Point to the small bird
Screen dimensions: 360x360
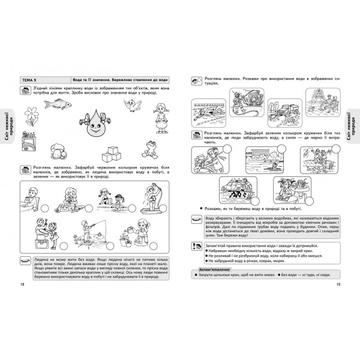click(x=131, y=107)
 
